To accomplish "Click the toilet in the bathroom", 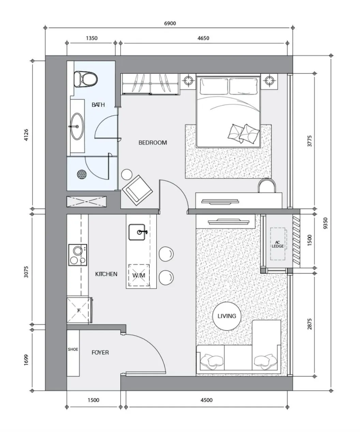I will (85, 79).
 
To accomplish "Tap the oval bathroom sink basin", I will (77, 126).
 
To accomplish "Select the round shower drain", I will (81, 174).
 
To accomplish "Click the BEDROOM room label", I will (152, 143).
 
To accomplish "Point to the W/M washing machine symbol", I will (138, 275).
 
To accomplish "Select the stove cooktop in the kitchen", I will (77, 255).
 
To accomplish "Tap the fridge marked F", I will (79, 310).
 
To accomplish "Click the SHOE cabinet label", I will (73, 349).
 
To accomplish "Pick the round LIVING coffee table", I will (227, 316).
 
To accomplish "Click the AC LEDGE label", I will (278, 244).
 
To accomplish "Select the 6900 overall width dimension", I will (170, 24).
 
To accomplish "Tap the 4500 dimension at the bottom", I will (206, 400).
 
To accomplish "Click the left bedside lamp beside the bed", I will (187, 81).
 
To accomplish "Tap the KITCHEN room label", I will (106, 274).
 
